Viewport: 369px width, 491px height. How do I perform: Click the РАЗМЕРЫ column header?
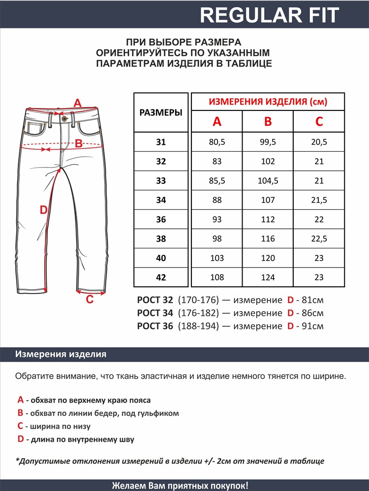pos(161,112)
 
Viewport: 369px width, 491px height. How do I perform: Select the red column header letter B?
pos(268,122)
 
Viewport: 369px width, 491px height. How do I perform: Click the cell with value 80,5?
pos(217,142)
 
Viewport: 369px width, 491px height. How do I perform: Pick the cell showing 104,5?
pos(268,181)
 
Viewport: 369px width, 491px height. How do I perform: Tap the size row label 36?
pos(161,219)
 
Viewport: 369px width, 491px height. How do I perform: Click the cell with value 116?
pos(268,239)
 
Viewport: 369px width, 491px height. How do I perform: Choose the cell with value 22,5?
pos(319,239)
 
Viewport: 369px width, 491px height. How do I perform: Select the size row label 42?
pos(161,277)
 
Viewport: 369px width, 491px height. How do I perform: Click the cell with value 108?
pos(217,277)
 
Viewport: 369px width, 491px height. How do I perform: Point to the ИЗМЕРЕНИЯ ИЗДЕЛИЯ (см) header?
pos(268,102)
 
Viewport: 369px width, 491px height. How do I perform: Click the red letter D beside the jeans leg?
pos(43,210)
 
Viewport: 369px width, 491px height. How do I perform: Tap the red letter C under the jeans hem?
pos(90,300)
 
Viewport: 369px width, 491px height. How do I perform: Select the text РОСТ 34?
pos(155,313)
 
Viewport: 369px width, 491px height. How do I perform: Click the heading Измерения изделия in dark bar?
pos(61,355)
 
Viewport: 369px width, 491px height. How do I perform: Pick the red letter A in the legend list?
pos(20,400)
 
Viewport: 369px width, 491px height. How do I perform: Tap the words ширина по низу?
pos(61,427)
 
